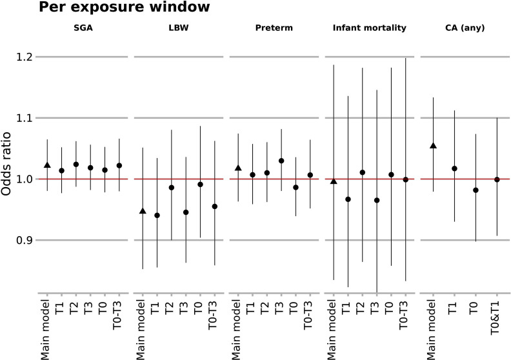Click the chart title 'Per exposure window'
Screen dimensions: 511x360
point(124,7)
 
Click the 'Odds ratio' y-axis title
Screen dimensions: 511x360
point(6,164)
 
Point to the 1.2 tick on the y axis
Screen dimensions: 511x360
point(25,57)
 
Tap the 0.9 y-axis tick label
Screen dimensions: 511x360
point(25,240)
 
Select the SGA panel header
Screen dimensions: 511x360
point(83,28)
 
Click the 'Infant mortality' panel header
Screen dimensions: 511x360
point(370,28)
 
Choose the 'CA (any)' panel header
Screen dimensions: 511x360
point(465,28)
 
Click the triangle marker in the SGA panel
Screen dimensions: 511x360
point(47,165)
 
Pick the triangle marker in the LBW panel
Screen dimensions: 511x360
point(143,211)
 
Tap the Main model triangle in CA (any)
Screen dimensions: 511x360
point(433,145)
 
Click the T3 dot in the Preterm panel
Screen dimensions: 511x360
point(281,161)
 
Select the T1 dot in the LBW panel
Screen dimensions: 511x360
point(157,215)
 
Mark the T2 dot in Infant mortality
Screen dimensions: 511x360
point(363,172)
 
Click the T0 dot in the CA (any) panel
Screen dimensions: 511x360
point(476,190)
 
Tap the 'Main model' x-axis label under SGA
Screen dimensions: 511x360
point(46,330)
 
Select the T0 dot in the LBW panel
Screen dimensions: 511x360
point(201,185)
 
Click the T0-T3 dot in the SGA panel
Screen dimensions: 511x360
point(119,166)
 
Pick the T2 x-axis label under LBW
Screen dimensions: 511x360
point(170,308)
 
